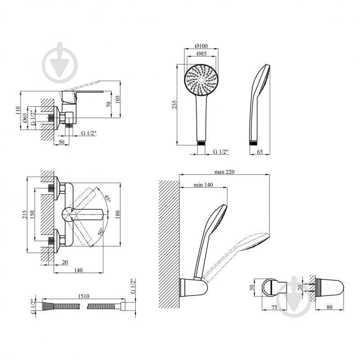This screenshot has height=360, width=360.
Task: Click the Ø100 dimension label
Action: click(201, 46)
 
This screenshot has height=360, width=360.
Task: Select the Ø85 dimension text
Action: click(201, 54)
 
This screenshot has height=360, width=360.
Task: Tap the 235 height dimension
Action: click(174, 105)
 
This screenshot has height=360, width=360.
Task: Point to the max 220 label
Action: click(224, 172)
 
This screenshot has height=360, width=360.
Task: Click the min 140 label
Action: click(203, 185)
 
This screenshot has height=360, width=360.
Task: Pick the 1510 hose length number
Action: click(83, 296)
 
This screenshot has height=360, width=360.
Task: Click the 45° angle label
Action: click(107, 198)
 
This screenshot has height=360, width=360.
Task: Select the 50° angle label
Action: click(101, 232)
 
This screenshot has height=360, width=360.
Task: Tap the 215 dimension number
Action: click(25, 214)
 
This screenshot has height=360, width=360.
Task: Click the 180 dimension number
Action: click(118, 214)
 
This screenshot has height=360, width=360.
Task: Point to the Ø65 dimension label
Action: click(25, 118)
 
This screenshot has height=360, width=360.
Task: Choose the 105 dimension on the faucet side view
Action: click(118, 100)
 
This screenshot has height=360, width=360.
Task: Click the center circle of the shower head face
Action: click(201, 80)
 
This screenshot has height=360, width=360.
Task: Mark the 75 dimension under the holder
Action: click(274, 307)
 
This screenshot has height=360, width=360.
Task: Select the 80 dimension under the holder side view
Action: click(329, 307)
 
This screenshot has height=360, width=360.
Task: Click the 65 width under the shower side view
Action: click(260, 152)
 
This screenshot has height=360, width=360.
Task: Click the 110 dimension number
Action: click(18, 111)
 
